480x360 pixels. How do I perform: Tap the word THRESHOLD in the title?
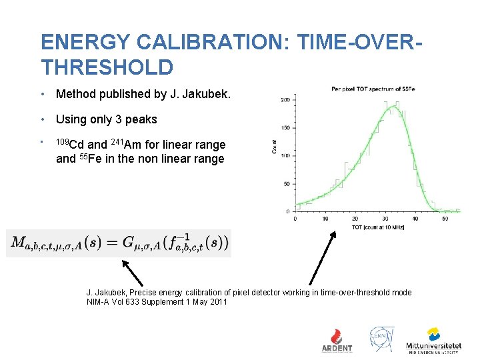point(107,67)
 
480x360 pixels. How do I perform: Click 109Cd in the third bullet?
point(70,144)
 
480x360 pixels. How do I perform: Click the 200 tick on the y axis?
point(285,100)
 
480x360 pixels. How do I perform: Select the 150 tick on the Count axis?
point(285,128)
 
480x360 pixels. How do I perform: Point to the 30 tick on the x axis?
point(385,218)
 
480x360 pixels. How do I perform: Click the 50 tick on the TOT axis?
point(445,218)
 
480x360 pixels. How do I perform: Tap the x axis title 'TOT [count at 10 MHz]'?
point(379,227)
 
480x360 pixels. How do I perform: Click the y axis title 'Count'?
point(275,148)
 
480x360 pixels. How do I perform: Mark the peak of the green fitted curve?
point(396,107)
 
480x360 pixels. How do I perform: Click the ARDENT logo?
point(337,340)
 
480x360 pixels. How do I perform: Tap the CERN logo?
point(382,339)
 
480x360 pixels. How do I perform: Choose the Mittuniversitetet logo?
point(433,340)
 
